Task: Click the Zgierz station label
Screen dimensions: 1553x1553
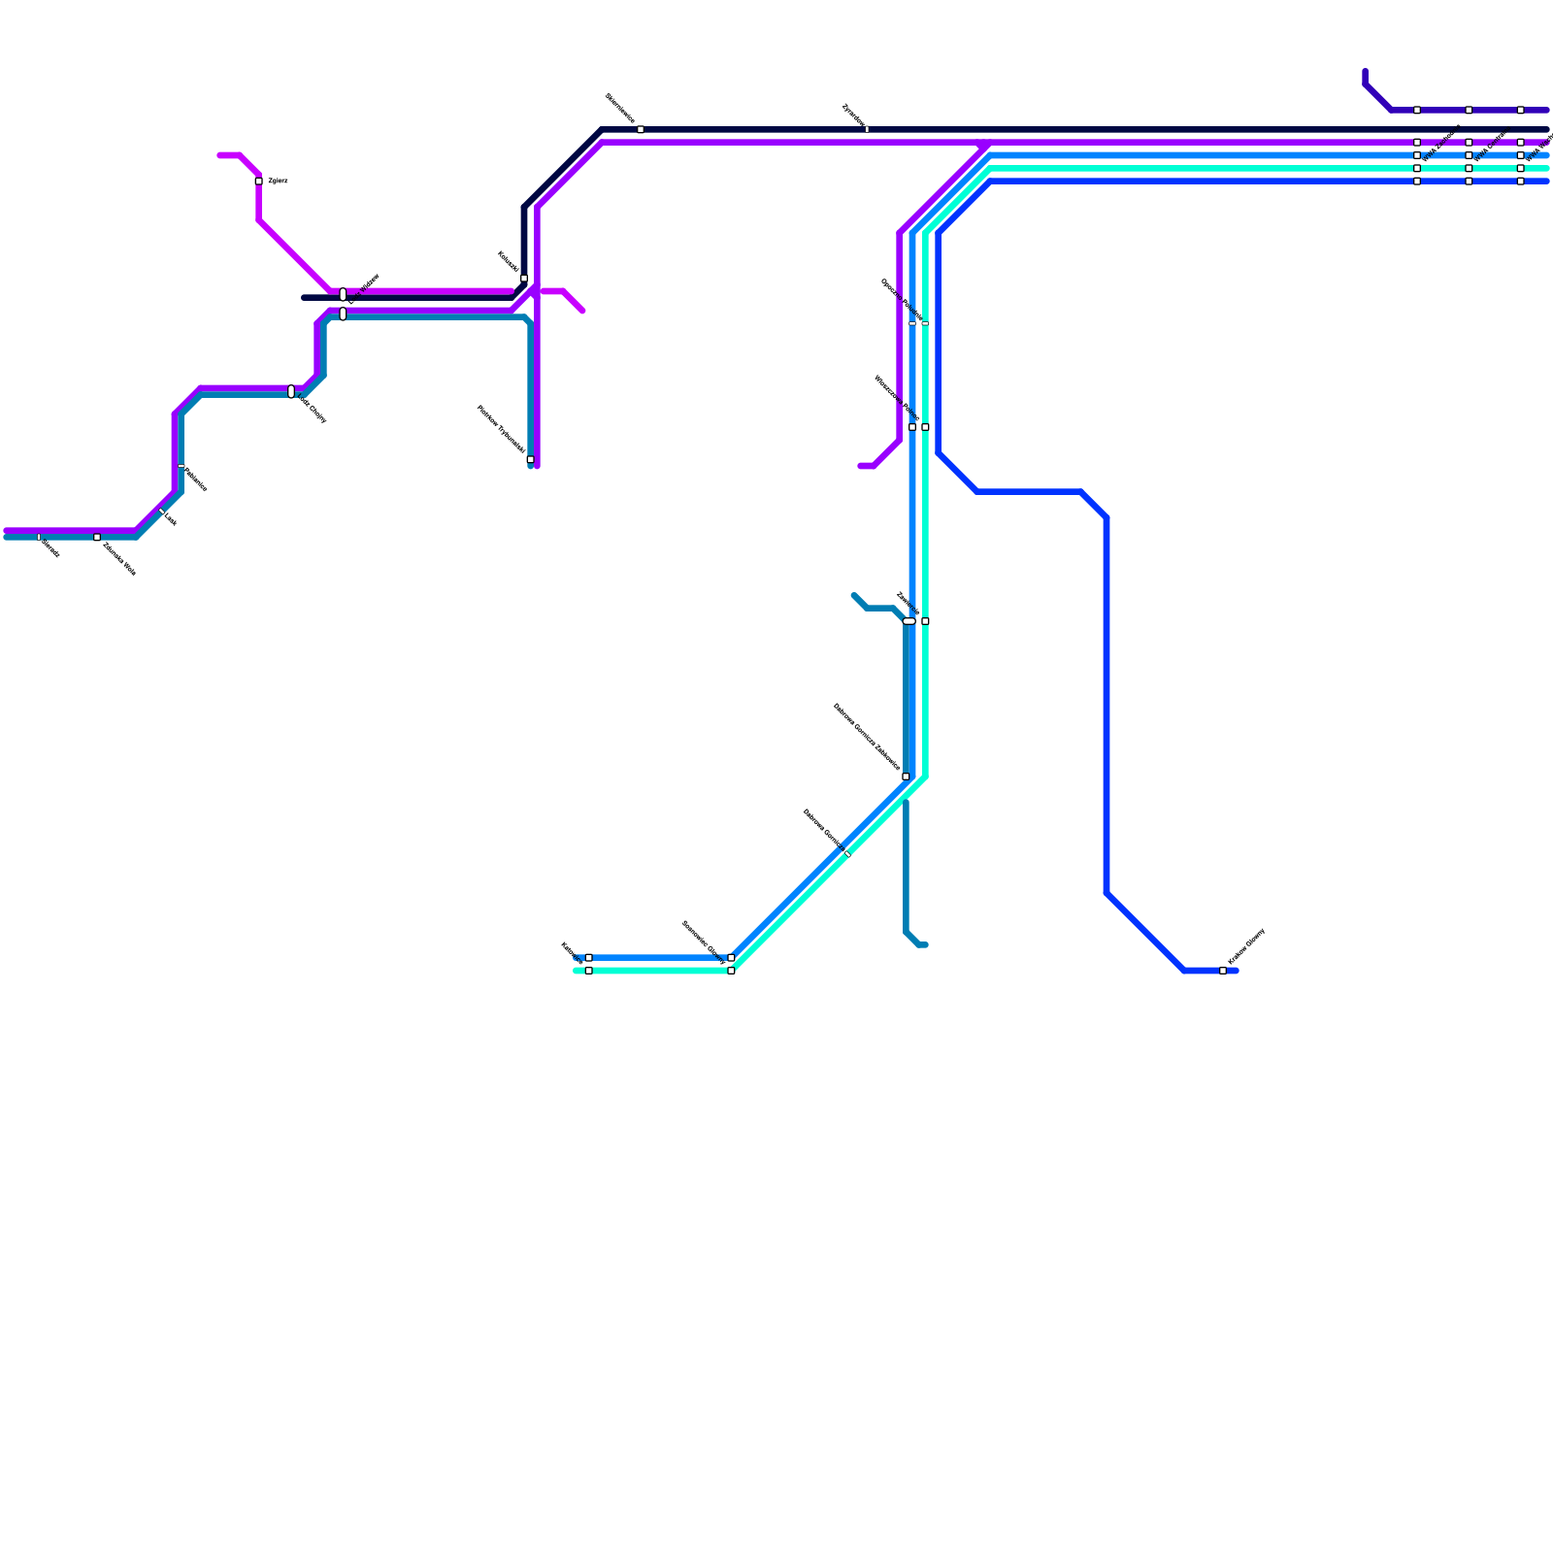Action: click(278, 182)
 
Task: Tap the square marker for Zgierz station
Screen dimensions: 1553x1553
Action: click(258, 182)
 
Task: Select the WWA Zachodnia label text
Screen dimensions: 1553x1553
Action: click(1440, 144)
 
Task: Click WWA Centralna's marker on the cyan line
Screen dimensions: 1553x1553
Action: click(1469, 168)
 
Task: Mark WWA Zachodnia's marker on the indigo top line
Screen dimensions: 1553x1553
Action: click(1417, 110)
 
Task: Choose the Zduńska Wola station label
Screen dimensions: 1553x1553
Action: click(119, 559)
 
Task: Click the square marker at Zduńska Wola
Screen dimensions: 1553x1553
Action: click(97, 537)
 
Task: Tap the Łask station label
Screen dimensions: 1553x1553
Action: click(169, 520)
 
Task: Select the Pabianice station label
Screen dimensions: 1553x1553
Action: click(194, 479)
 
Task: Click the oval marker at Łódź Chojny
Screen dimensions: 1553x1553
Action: click(291, 392)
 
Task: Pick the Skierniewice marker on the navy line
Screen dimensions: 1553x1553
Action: click(641, 129)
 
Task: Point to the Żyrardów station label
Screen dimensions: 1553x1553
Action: click(853, 116)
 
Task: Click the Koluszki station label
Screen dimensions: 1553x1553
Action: click(508, 262)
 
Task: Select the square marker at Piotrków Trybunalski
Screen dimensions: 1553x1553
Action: click(530, 459)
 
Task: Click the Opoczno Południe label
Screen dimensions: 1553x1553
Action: click(901, 300)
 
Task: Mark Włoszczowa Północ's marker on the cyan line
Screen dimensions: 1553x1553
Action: click(925, 427)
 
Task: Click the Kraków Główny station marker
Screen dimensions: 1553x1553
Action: click(1223, 971)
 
